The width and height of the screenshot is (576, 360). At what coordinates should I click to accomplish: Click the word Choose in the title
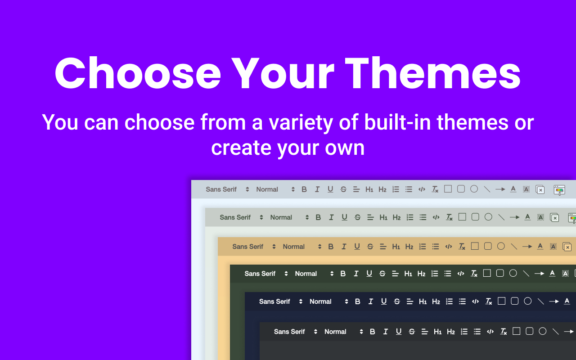[138, 73]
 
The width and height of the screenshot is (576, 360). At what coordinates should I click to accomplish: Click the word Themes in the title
[432, 73]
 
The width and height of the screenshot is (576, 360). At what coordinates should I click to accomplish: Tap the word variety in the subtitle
[301, 122]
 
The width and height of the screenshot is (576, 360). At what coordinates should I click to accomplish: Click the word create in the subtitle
[241, 148]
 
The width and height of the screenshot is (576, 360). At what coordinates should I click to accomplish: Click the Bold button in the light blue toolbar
[304, 189]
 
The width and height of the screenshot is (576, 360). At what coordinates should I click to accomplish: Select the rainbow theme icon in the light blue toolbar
[559, 190]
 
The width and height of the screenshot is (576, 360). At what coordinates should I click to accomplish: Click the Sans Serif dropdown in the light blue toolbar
[227, 189]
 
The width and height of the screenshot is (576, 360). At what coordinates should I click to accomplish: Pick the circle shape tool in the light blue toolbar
[474, 189]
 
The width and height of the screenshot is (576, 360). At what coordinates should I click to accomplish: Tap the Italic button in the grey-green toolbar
[331, 217]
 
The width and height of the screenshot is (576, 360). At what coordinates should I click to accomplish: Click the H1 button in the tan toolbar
[396, 247]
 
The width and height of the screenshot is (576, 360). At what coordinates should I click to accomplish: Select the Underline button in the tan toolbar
[357, 247]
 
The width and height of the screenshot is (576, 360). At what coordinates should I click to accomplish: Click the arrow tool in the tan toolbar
[527, 246]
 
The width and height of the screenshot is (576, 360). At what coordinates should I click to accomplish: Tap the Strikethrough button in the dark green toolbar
[382, 274]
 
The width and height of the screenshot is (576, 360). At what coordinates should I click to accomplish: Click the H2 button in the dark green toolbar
[421, 274]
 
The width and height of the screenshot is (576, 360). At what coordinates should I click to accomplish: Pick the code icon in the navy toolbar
[476, 301]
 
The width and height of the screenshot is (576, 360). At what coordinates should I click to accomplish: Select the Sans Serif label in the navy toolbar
[274, 301]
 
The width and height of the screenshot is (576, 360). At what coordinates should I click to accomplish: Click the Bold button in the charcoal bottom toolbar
[372, 332]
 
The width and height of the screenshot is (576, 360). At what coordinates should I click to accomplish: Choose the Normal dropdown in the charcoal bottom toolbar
[343, 332]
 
